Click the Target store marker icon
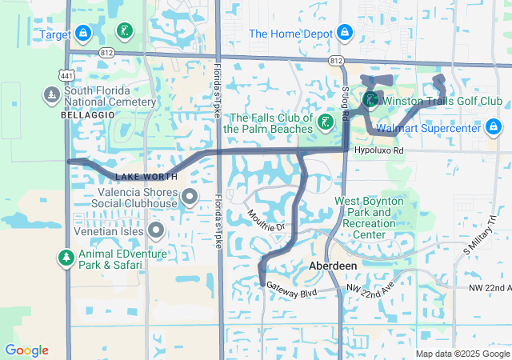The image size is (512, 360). point(83,34)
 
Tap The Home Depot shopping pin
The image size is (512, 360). point(344,34)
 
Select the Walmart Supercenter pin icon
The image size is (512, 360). point(494,127)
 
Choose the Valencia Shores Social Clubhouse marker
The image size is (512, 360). point(190,196)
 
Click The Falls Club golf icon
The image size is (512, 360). point(326,122)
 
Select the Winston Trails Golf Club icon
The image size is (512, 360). point(370,100)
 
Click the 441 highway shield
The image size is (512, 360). point(68,74)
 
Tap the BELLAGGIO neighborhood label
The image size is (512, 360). point(83,115)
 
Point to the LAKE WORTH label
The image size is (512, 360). point(141,176)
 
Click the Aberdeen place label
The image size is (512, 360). point(332,265)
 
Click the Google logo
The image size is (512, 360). point(27,350)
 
